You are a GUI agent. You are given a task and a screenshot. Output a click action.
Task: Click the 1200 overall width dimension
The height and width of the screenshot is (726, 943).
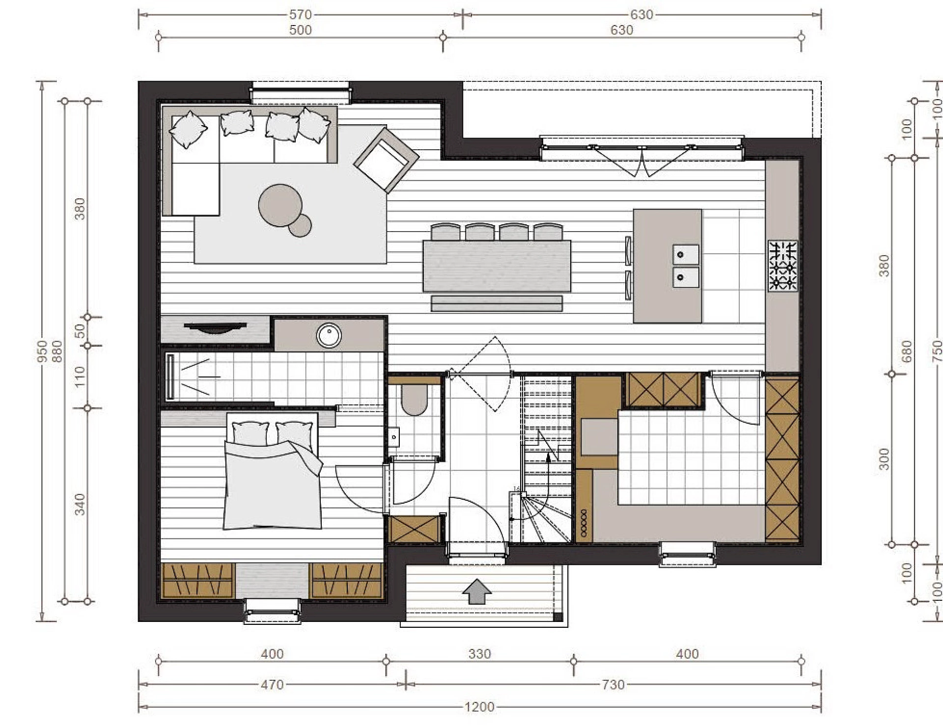(479, 707)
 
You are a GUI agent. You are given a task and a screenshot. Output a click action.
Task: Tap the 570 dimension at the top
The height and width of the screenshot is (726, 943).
(300, 15)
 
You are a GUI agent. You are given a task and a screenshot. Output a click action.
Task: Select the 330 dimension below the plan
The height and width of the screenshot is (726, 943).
(479, 654)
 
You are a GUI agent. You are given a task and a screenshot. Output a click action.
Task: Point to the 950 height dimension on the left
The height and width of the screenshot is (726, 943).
(43, 351)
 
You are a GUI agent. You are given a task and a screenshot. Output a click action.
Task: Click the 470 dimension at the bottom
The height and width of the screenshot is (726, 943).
(272, 684)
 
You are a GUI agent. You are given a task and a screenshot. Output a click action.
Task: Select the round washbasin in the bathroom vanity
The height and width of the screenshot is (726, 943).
(329, 335)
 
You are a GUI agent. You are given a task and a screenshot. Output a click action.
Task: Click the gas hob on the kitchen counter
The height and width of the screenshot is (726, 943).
(783, 266)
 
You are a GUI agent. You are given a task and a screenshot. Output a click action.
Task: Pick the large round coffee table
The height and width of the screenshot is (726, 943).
(280, 206)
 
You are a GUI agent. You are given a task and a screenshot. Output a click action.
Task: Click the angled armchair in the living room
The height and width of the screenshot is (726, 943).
(387, 160)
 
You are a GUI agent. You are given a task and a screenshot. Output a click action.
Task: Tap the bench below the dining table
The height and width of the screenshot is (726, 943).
(497, 303)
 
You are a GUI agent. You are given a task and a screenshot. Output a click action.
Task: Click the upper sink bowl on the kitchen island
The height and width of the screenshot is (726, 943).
(686, 255)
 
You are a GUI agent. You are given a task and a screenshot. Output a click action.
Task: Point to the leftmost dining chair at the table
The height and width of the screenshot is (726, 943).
(445, 232)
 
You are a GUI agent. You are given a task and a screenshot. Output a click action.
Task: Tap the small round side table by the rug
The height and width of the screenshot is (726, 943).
(300, 225)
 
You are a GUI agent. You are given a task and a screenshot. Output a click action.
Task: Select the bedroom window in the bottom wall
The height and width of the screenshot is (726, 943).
(273, 611)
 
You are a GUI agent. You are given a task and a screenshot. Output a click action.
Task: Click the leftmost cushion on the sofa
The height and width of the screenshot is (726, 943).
(188, 129)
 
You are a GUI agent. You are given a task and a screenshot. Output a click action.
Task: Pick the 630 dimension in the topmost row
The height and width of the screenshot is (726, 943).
(641, 15)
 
